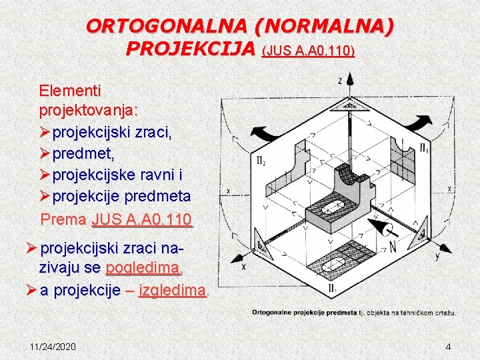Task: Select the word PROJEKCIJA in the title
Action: (191, 49)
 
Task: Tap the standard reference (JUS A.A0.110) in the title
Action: (309, 51)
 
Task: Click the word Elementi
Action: (67, 89)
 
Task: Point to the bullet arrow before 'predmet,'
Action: (45, 154)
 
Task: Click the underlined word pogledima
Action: (143, 268)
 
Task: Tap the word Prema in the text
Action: (64, 219)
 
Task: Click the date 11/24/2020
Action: (53, 347)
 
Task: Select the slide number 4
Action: (448, 347)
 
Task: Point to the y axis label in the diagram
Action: (437, 257)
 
